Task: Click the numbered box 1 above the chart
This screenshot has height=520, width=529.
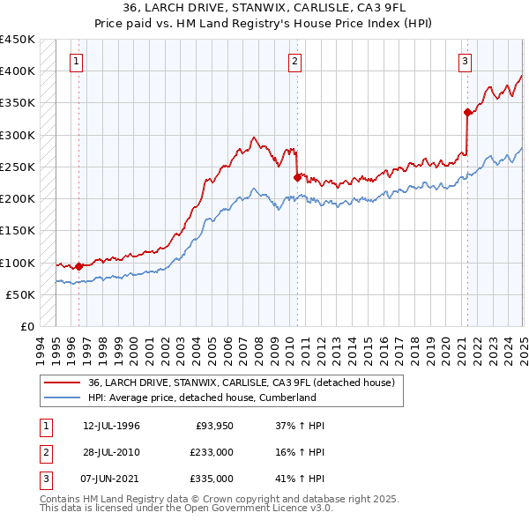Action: pyautogui.click(x=78, y=62)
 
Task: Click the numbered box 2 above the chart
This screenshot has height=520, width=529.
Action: pyautogui.click(x=294, y=62)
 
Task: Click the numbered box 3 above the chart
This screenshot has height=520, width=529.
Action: pyautogui.click(x=464, y=62)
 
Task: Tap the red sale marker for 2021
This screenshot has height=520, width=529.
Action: pyautogui.click(x=466, y=112)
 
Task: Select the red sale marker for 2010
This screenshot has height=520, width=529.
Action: pyautogui.click(x=297, y=177)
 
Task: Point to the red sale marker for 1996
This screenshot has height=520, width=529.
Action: pyautogui.click(x=78, y=266)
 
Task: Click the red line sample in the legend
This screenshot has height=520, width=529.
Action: pyautogui.click(x=61, y=383)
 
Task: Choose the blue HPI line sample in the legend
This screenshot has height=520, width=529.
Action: pyautogui.click(x=61, y=397)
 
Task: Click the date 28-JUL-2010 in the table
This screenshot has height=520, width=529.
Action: pyautogui.click(x=111, y=452)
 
